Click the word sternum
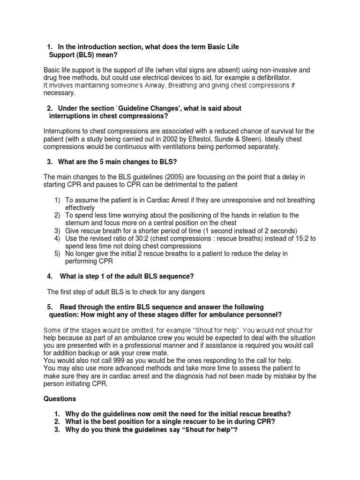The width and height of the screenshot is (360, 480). coord(78,223)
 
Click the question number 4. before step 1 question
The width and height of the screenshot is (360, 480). coord(50,277)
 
